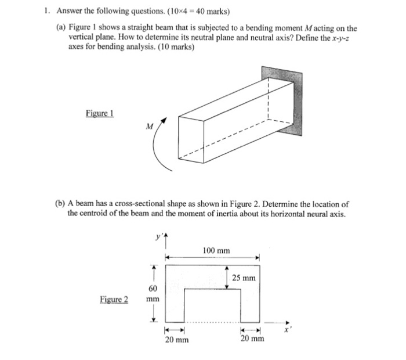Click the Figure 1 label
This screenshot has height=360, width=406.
point(100,113)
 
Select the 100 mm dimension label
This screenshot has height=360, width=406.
point(216,250)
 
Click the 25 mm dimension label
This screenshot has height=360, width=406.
point(244,278)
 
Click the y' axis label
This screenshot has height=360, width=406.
point(157,237)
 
